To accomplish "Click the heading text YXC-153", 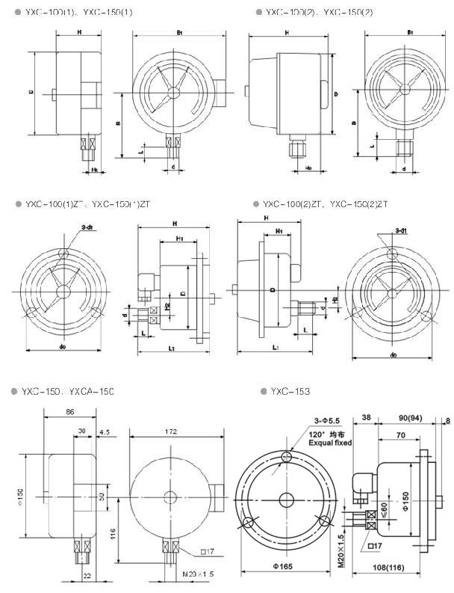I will (290, 391).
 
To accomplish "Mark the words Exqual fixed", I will (330, 443).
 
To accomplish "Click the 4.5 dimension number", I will (104, 431).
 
